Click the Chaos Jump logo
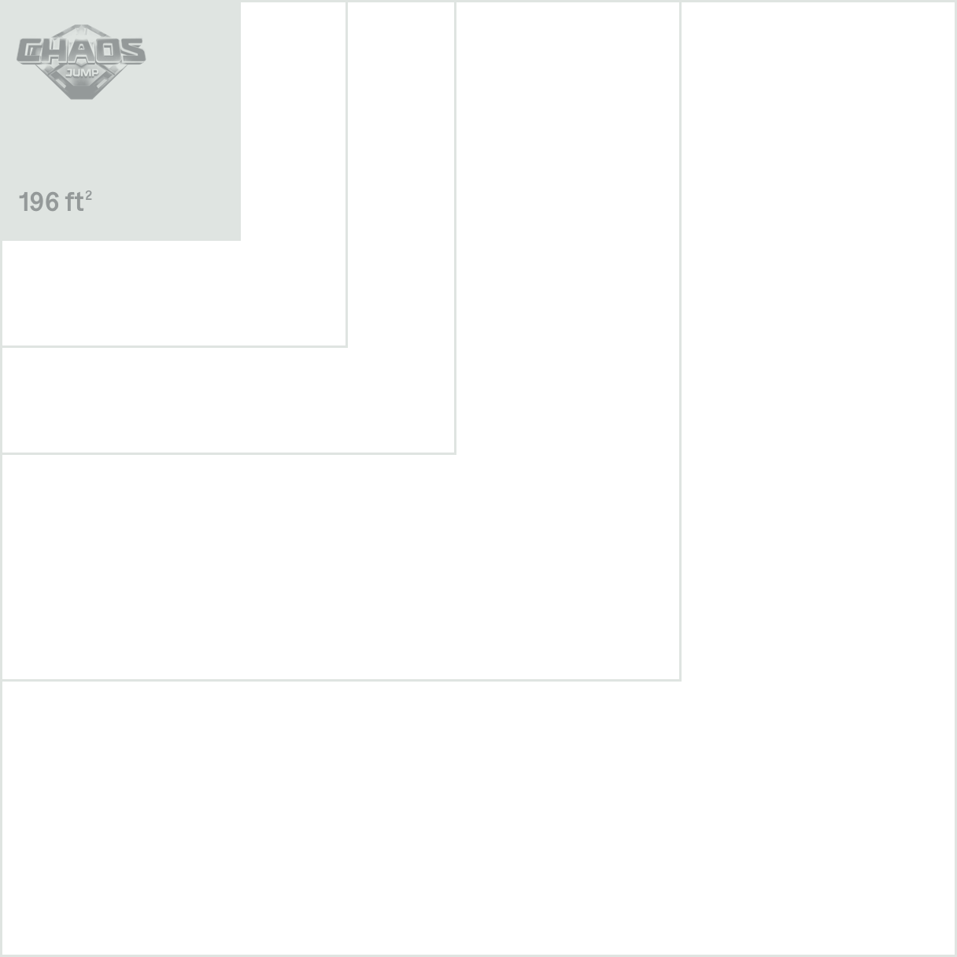coord(81,67)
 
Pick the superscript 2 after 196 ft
coord(89,194)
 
